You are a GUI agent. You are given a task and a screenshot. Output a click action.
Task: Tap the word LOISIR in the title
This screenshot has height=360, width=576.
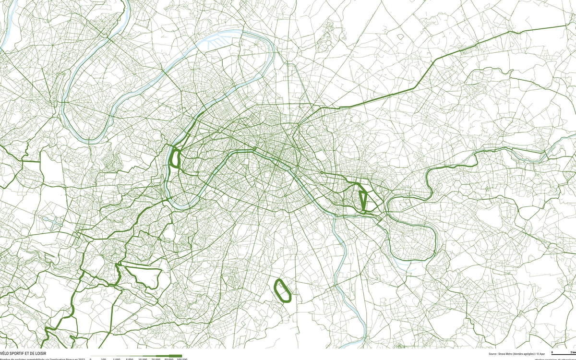[41, 353]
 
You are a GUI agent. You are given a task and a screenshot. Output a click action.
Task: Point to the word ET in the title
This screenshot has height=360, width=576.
[29, 353]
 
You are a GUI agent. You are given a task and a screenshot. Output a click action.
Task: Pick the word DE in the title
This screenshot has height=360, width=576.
[34, 353]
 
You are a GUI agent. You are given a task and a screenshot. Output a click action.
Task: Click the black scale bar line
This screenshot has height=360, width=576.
[562, 354]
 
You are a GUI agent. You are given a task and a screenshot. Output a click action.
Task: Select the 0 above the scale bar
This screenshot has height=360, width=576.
[552, 352]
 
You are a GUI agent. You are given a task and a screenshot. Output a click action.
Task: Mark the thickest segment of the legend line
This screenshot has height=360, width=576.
[175, 356]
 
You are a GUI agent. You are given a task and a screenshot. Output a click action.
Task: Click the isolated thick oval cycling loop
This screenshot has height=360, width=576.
[282, 291]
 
